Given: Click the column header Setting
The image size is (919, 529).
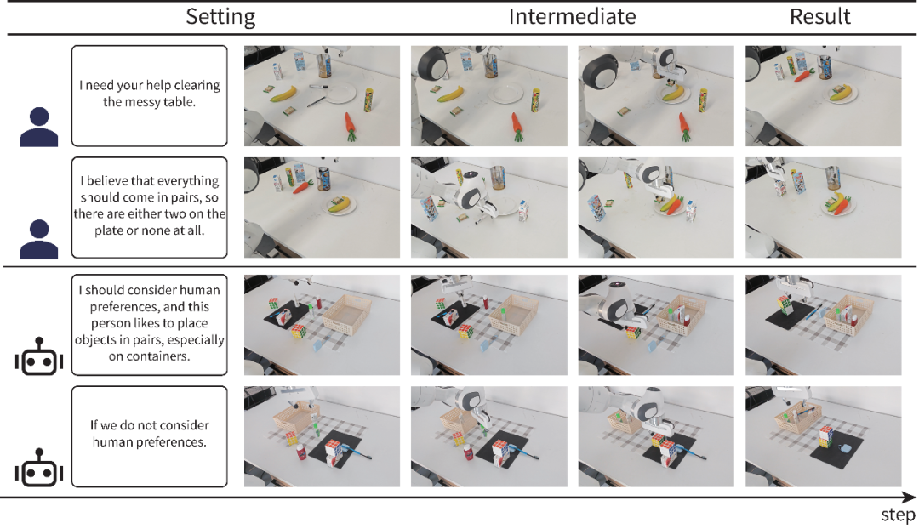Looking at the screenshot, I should (220, 16).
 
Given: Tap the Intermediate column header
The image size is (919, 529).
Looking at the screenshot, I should (572, 16).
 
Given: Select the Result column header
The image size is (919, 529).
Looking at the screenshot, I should (820, 16).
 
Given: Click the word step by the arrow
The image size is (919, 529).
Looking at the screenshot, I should (897, 515).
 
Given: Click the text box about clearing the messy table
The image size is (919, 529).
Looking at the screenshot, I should (150, 95).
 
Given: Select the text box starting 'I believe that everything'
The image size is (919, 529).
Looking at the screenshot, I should (150, 207).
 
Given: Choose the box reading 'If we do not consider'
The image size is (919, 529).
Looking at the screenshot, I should (150, 436).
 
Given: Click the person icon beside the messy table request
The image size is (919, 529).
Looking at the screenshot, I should (38, 127).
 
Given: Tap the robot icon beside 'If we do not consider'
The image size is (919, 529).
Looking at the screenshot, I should (38, 469).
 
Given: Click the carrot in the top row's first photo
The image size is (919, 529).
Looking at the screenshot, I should (350, 126).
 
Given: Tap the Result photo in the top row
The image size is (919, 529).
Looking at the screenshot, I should (822, 95).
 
